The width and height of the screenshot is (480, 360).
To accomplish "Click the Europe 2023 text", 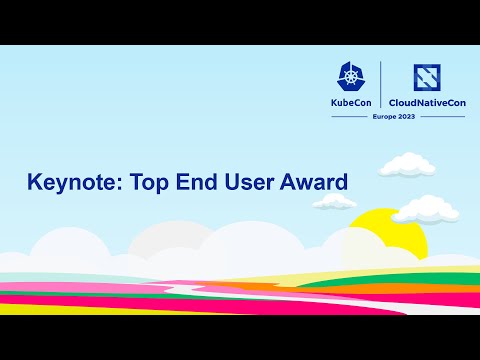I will pos(393,117).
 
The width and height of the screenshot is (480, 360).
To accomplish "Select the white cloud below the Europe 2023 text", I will pos(405,162).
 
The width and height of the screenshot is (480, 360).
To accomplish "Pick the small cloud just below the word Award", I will pos(337,202).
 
